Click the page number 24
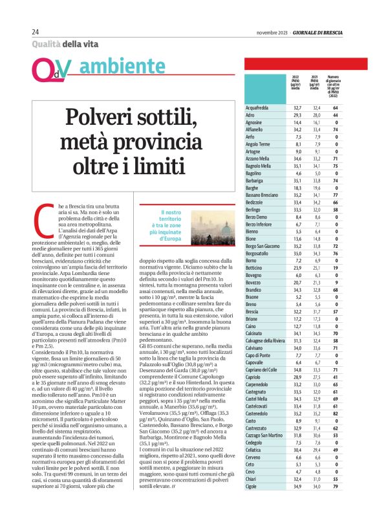(x=36, y=32)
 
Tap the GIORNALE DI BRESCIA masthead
(x=316, y=32)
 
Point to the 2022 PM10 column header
(x=296, y=83)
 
